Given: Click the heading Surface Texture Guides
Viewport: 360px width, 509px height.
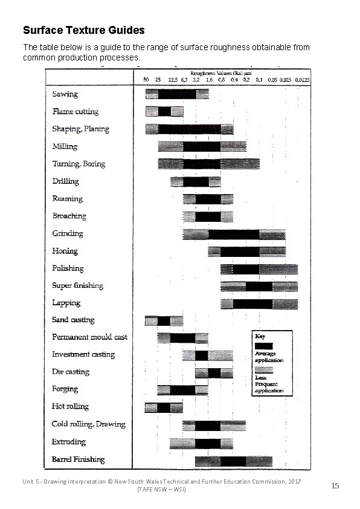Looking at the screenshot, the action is pyautogui.click(x=83, y=29).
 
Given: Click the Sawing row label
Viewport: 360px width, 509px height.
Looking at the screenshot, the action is pyautogui.click(x=65, y=94).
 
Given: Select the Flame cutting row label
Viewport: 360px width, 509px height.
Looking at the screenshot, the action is pyautogui.click(x=76, y=111).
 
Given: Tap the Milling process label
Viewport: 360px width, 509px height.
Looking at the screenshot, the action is pyautogui.click(x=65, y=146).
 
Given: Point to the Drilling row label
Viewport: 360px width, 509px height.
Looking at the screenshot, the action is pyautogui.click(x=66, y=181).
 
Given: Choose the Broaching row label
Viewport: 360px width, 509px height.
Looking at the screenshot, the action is pyautogui.click(x=69, y=216).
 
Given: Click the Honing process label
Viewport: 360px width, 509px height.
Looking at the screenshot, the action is pyautogui.click(x=65, y=250).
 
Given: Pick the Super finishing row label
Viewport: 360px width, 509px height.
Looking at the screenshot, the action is pyautogui.click(x=78, y=285).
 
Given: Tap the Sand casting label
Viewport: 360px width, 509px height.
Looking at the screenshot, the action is pyautogui.click(x=74, y=320).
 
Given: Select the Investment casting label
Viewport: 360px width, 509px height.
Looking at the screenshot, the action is pyautogui.click(x=83, y=354).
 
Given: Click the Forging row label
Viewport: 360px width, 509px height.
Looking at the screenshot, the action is pyautogui.click(x=65, y=389).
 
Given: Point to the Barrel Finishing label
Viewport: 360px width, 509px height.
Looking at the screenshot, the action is pyautogui.click(x=79, y=459).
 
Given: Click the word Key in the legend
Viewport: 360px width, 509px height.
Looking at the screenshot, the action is pyautogui.click(x=260, y=336).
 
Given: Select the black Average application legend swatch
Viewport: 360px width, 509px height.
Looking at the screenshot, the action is pyautogui.click(x=263, y=346).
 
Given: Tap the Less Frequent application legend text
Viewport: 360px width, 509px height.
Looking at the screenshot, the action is pyautogui.click(x=269, y=384).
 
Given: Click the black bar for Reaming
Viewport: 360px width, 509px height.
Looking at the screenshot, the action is pyautogui.click(x=208, y=199).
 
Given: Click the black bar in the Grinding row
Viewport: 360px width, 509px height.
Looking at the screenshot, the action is pyautogui.click(x=234, y=234).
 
